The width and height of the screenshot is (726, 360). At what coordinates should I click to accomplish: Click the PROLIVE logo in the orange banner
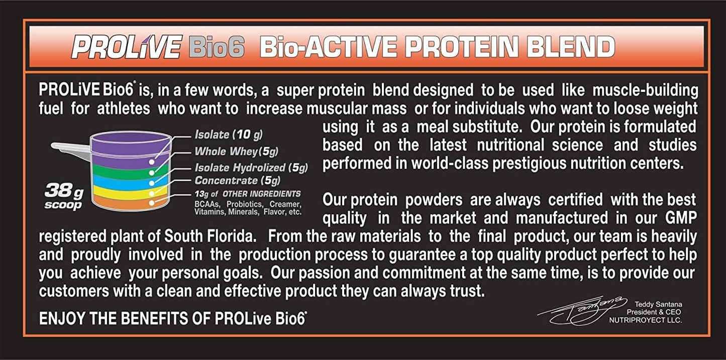point(126,47)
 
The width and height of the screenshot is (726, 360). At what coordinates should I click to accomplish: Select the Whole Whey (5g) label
point(236,151)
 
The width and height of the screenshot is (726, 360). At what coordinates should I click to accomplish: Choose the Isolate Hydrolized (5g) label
point(251,167)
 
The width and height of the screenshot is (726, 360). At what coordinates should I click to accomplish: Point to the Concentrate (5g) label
point(237,180)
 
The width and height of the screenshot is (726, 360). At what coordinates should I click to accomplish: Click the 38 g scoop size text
point(63,196)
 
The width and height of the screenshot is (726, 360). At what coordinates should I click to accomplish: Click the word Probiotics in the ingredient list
point(245,204)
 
